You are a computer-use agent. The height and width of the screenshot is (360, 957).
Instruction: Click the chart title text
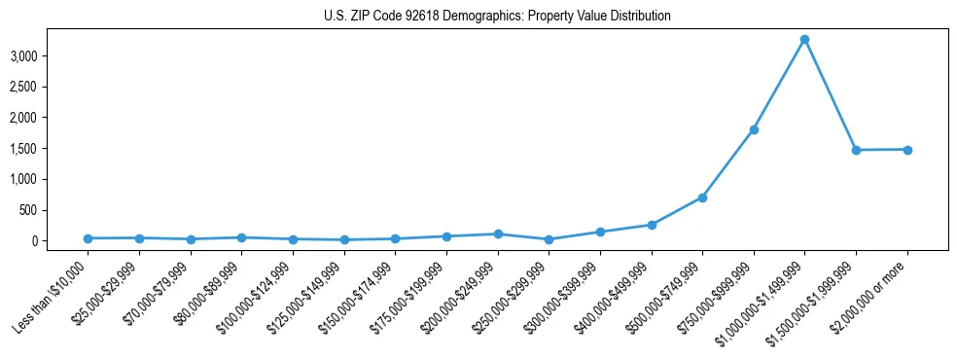click(497, 17)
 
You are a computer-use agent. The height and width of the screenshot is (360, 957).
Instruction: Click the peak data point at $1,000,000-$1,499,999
click(804, 40)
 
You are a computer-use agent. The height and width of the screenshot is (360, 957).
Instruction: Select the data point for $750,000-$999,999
click(754, 129)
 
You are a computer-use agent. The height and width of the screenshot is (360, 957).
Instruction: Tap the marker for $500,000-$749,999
click(702, 198)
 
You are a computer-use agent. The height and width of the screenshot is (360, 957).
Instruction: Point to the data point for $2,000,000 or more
click(907, 150)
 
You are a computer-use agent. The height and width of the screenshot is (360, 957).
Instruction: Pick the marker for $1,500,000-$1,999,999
click(856, 150)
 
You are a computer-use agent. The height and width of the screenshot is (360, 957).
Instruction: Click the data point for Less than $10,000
click(89, 238)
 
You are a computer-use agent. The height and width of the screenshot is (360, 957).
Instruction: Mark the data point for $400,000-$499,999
click(652, 225)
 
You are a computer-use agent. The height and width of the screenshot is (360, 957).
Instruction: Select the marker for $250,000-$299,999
click(549, 239)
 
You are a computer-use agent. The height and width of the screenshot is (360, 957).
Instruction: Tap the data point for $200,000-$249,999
click(498, 234)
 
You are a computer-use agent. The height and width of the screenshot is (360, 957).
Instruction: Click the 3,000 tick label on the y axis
click(51, 56)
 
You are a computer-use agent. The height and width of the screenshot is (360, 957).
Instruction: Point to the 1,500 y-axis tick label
click(51, 149)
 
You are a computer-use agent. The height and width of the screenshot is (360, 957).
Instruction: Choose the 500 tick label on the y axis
click(55, 210)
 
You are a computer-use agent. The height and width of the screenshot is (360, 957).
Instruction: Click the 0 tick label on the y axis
click(60, 241)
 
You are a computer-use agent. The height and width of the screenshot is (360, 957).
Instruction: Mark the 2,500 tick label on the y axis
click(51, 88)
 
